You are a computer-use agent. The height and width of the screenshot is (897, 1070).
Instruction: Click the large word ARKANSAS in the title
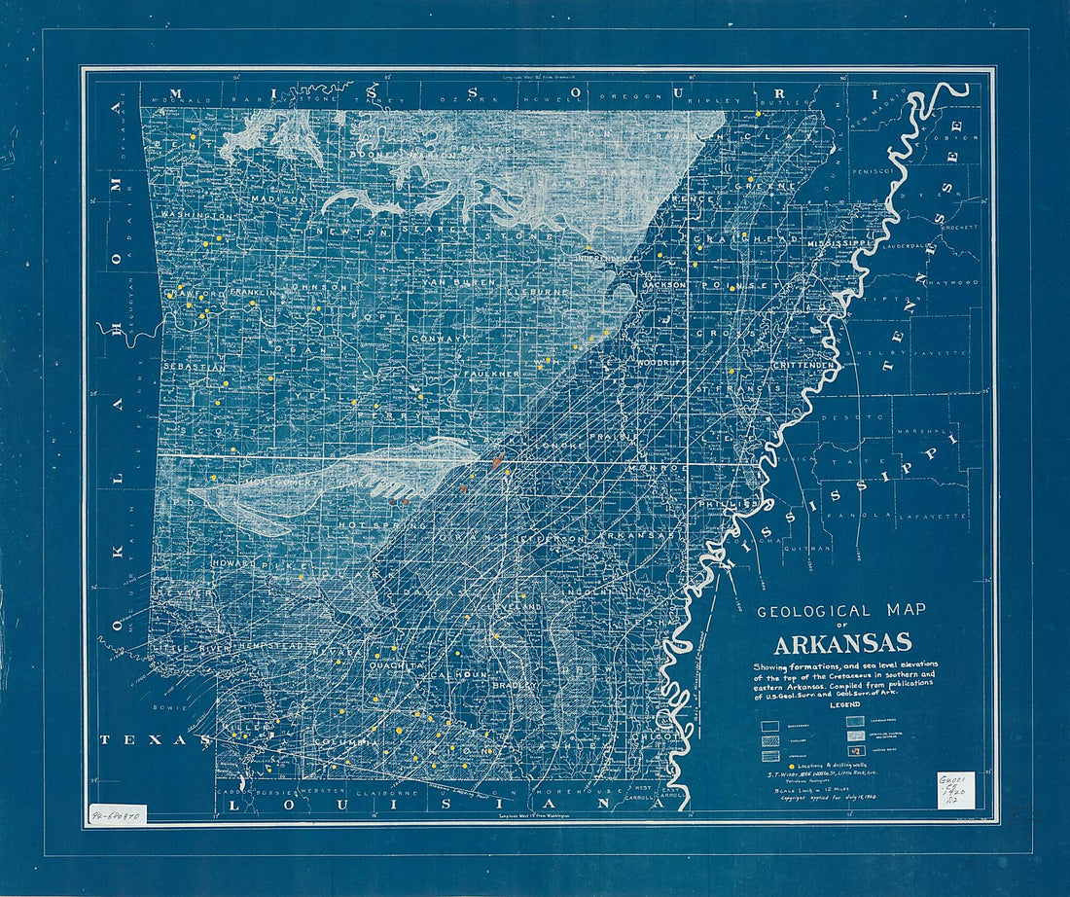tap(842, 643)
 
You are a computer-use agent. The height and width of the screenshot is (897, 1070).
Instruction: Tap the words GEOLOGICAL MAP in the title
tap(841, 610)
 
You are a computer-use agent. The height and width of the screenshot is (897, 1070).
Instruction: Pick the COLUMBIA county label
tap(344, 742)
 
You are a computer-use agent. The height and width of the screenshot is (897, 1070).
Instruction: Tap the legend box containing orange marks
tap(855, 750)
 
